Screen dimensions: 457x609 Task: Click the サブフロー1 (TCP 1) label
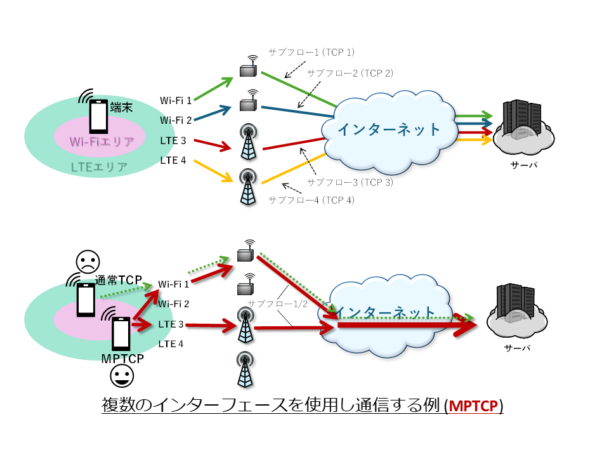pyautogui.click(x=311, y=51)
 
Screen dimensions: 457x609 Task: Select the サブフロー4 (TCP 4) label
pyautogui.click(x=311, y=200)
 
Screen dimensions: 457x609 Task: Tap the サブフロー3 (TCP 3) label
pyautogui.click(x=350, y=182)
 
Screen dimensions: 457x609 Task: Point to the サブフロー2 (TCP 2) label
pyautogui.click(x=350, y=73)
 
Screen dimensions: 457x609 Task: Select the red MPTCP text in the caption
pyautogui.click(x=475, y=406)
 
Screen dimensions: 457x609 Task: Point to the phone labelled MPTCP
pyautogui.click(x=121, y=334)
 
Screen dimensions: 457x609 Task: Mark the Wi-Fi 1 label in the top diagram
pyautogui.click(x=176, y=100)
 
